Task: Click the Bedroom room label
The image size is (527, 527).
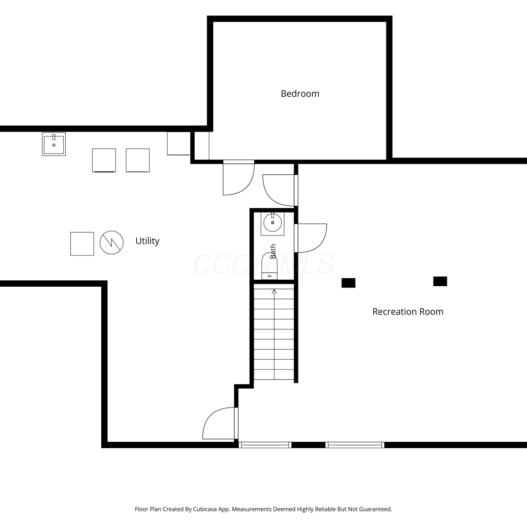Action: [300, 93]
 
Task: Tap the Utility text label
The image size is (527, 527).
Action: [147, 241]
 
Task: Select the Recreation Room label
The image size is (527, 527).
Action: [408, 312]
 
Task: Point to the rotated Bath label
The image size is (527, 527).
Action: [273, 252]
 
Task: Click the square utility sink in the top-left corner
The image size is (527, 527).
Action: [54, 144]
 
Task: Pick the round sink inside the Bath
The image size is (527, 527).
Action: [273, 222]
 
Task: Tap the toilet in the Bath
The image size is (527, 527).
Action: [269, 266]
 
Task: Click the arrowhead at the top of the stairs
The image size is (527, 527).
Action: [274, 291]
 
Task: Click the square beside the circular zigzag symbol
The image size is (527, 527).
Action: [82, 244]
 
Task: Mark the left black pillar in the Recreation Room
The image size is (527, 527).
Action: [349, 283]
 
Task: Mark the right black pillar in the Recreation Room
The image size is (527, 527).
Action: [440, 281]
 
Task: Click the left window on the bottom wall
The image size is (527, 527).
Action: [265, 445]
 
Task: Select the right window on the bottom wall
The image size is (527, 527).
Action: [355, 445]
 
